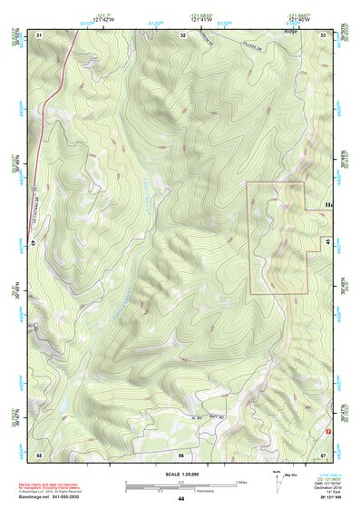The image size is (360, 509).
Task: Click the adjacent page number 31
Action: pos(39,34)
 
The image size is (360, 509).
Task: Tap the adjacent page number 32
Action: pos(183,34)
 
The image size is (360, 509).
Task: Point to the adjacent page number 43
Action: pos(34,242)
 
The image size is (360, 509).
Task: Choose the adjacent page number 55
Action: pos(39,454)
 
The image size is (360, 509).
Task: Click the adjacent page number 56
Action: pos(181,454)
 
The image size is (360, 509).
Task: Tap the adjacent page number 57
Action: pos(323,454)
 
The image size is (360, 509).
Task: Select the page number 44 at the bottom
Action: pos(180,499)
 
